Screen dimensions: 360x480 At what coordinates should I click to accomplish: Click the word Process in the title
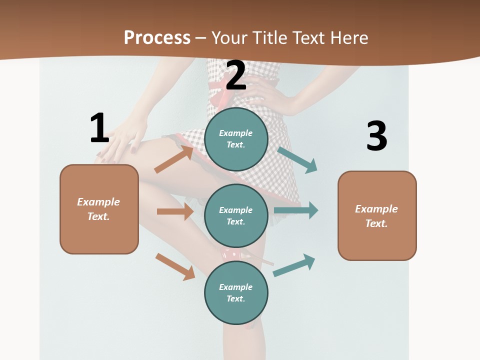[x=157, y=37]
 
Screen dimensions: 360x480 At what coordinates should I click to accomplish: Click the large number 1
[x=99, y=128]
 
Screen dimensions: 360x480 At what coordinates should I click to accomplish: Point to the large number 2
[x=236, y=75]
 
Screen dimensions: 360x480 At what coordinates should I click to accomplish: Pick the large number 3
[x=376, y=136]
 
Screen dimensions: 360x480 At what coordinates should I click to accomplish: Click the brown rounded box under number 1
[x=99, y=209]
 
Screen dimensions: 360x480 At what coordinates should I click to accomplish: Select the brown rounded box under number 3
[x=377, y=215]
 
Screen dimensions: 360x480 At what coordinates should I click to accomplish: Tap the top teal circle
[x=236, y=139]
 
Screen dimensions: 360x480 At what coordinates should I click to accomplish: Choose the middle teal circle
[x=236, y=215]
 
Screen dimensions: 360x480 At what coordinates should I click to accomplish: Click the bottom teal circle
[x=236, y=292]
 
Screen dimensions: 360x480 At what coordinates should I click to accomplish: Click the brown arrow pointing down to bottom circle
[x=175, y=266]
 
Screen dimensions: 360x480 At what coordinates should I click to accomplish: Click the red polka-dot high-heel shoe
[x=238, y=255]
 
